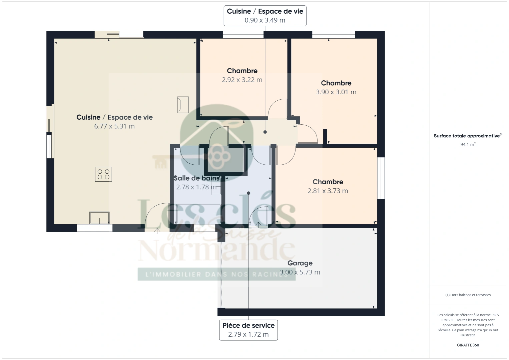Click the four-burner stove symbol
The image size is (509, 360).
click(103, 174)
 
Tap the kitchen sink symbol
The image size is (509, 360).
click(99, 218)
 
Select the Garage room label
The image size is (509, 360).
click(300, 263)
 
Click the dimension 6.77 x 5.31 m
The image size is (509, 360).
click(114, 126)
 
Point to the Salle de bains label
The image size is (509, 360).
click(196, 178)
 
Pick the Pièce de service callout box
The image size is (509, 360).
click(248, 330)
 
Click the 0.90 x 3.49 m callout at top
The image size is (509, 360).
click(265, 20)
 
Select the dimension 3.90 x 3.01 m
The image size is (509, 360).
click(336, 92)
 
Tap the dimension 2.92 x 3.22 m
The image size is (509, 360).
click(242, 80)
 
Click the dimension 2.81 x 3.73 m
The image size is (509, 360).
click(328, 191)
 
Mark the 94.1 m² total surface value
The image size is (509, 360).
click(468, 144)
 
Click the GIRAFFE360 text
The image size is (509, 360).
click(468, 345)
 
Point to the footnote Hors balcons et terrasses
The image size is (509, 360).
click(468, 295)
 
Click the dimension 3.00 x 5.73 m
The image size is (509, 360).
click(300, 272)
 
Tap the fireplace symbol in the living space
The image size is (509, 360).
click(183, 104)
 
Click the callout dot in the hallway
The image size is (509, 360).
click(265, 132)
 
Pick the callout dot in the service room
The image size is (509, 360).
click(248, 193)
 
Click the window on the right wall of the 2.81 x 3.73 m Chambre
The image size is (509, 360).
click(381, 178)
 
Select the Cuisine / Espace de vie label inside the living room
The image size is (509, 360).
click(114, 117)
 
